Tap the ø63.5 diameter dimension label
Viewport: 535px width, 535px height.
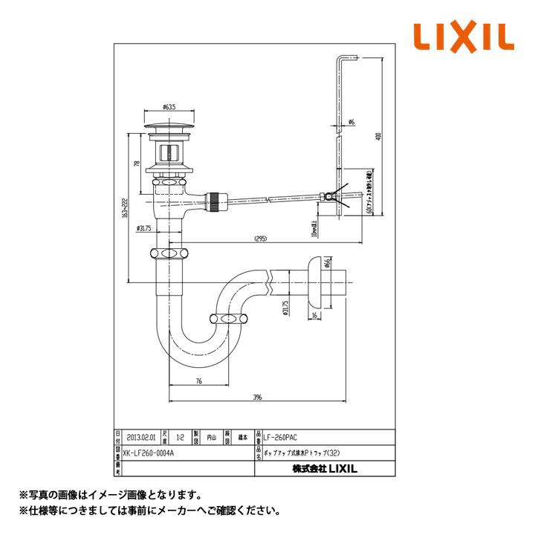170,107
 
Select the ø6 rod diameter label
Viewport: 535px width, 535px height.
351,123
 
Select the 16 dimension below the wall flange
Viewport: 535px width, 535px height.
316,315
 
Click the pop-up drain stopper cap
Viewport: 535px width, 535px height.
170,128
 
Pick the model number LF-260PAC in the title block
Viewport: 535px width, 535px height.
280,438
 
